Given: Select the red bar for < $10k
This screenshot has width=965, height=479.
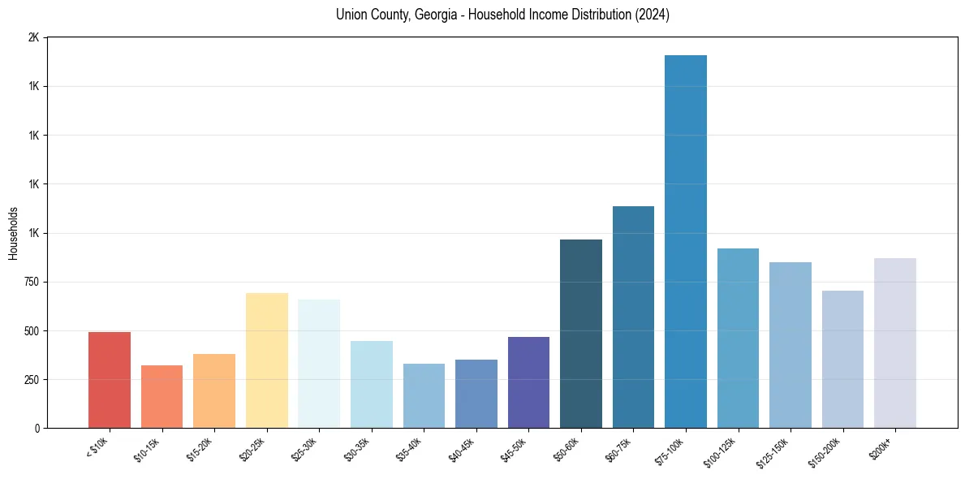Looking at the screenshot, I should click(110, 379).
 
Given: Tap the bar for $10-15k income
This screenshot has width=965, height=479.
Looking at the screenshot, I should click(162, 396).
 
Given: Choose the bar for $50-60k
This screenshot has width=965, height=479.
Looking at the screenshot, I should click(581, 333).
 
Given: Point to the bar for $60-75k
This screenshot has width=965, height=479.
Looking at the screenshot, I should click(633, 317).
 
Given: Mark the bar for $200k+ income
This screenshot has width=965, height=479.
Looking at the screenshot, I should click(895, 343).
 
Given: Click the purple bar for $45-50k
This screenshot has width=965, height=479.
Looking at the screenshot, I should click(528, 382).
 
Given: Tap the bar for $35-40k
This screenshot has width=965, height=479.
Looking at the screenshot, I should click(424, 395).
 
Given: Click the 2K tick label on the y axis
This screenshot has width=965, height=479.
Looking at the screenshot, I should click(33, 38).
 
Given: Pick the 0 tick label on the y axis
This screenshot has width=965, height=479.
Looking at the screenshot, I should click(37, 428).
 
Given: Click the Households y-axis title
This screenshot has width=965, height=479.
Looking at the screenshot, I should click(13, 233).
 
